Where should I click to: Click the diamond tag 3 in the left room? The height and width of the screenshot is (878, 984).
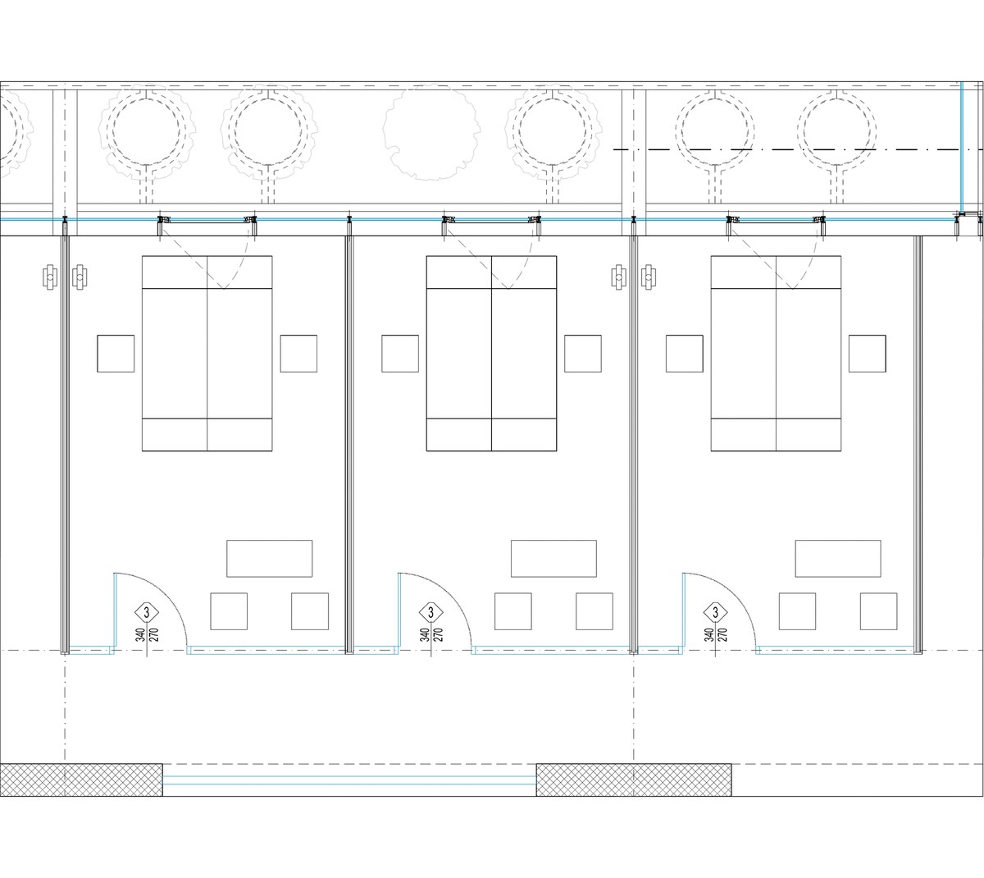pyautogui.click(x=147, y=612)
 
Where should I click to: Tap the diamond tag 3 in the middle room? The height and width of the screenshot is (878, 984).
pyautogui.click(x=430, y=612)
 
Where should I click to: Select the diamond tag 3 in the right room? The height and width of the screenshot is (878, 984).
pyautogui.click(x=715, y=612)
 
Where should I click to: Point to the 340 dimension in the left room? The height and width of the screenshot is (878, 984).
pyautogui.click(x=140, y=635)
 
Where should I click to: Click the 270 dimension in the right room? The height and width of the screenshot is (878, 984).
pyautogui.click(x=722, y=635)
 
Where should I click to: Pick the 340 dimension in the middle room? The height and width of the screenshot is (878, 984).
pyautogui.click(x=425, y=635)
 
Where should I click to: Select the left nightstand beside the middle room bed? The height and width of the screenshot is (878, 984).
pyautogui.click(x=399, y=354)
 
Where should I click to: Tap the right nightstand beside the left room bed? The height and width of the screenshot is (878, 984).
pyautogui.click(x=298, y=354)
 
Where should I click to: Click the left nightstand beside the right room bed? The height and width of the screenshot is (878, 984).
pyautogui.click(x=685, y=354)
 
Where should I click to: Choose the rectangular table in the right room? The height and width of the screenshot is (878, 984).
pyautogui.click(x=838, y=559)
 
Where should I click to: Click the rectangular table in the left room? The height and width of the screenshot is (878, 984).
pyautogui.click(x=270, y=559)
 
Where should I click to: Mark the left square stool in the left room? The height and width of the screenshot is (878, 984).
pyautogui.click(x=229, y=611)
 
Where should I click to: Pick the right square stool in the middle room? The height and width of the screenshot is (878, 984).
pyautogui.click(x=594, y=611)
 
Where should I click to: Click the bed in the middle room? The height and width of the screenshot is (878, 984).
pyautogui.click(x=491, y=354)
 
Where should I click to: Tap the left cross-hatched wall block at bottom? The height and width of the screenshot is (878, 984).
pyautogui.click(x=81, y=780)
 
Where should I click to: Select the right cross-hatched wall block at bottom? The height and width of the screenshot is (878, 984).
pyautogui.click(x=634, y=780)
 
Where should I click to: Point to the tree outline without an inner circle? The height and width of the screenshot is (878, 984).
pyautogui.click(x=431, y=131)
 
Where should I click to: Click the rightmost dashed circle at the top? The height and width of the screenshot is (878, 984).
pyautogui.click(x=836, y=131)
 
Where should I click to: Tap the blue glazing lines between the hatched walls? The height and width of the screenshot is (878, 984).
pyautogui.click(x=349, y=780)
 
